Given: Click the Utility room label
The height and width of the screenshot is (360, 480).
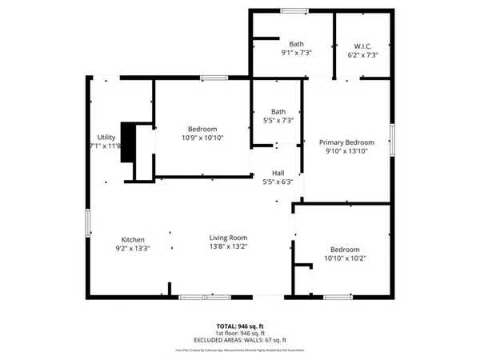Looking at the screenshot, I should point(106,137).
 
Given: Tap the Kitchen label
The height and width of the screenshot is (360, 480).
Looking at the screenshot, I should point(132,239).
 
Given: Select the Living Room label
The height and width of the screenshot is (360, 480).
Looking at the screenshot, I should point(228,238).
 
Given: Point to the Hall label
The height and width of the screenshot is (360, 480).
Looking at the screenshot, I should point(278,173).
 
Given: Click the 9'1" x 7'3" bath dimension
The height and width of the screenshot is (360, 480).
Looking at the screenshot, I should point(296,53).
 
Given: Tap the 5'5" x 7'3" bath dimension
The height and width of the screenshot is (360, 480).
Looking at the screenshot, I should point(278,120).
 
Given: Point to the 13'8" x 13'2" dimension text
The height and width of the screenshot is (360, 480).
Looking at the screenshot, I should point(228,247).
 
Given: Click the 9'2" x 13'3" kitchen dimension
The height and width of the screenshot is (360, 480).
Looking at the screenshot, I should point(132,248).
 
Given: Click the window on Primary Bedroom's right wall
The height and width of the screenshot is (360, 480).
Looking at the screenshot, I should point(392,138).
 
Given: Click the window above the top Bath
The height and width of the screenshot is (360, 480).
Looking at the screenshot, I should point(292,10).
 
